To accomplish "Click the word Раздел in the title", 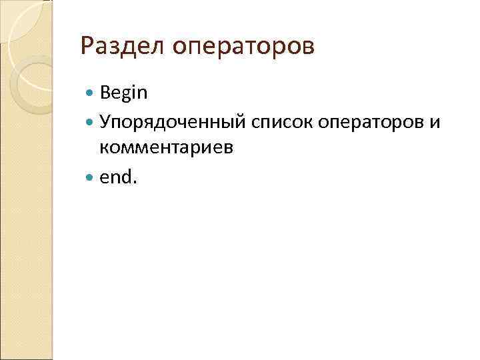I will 121,47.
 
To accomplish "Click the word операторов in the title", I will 243,48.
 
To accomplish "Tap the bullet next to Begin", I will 91,93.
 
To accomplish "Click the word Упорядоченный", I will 173,121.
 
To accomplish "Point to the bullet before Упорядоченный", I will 91,121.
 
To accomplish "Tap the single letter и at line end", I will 436,121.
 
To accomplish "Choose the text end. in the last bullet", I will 118,177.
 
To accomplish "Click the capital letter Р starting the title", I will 85,47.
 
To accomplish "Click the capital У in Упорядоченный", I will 105,121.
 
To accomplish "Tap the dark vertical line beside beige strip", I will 52,200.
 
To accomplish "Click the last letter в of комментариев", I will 229,149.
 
